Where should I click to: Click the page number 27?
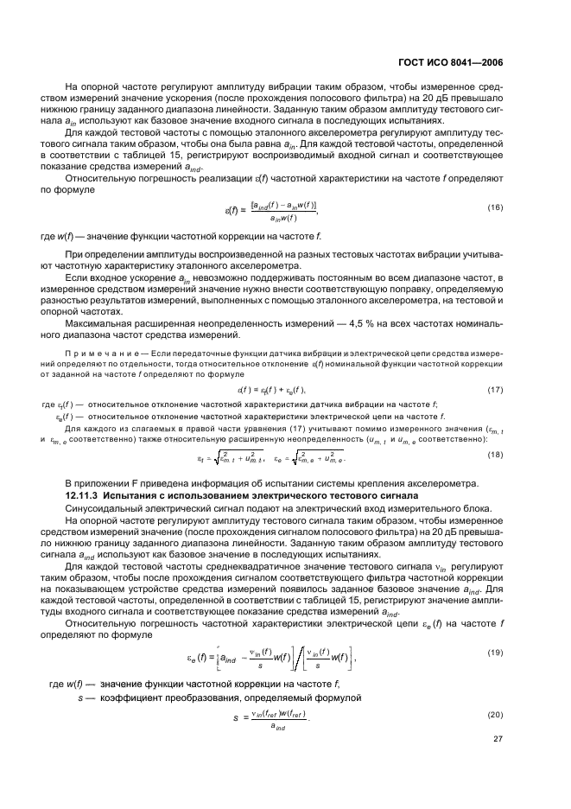[498, 740]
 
